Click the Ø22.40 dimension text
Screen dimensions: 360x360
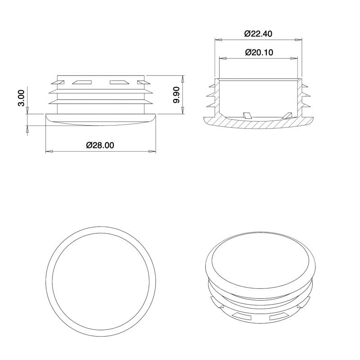click(258, 34)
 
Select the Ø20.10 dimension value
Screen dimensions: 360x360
click(259, 52)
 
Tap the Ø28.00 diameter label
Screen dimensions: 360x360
click(100, 145)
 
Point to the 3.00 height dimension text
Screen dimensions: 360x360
click(21, 98)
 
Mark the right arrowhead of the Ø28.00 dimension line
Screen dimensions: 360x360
click(152, 152)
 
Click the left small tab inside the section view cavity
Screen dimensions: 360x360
click(247, 116)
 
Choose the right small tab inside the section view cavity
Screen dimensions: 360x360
click(287, 116)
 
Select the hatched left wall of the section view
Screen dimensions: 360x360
click(217, 97)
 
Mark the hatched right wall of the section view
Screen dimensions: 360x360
click(300, 97)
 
